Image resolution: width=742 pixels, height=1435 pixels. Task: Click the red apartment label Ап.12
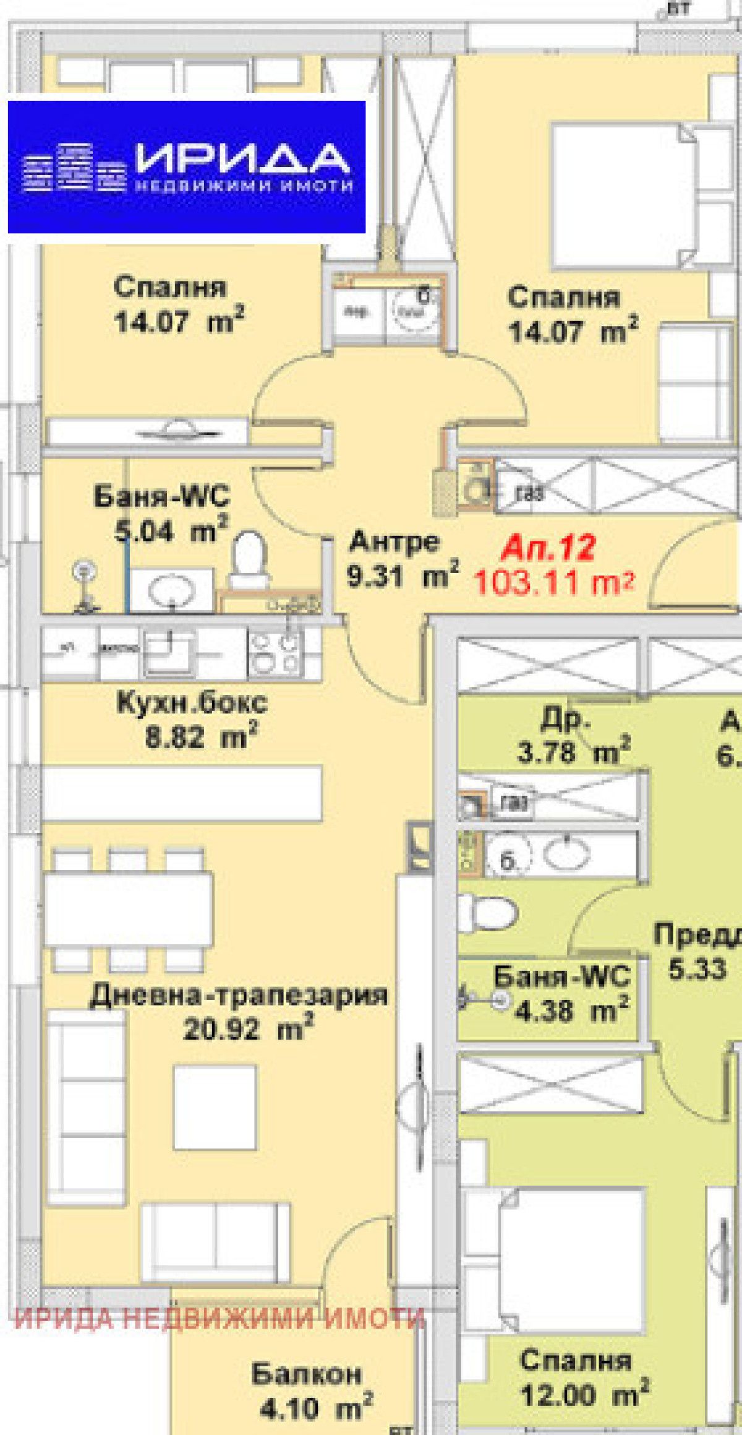548,547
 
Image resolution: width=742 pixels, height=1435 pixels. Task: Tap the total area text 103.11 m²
553,582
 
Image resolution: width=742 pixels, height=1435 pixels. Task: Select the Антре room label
394,542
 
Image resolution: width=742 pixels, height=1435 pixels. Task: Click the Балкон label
306,1374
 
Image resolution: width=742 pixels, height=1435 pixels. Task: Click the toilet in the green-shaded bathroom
488,912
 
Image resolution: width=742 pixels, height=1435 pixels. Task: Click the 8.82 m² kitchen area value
200,737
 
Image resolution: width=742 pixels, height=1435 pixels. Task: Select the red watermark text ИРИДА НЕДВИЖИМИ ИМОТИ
220,1318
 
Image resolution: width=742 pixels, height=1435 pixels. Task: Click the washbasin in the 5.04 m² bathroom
169,589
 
